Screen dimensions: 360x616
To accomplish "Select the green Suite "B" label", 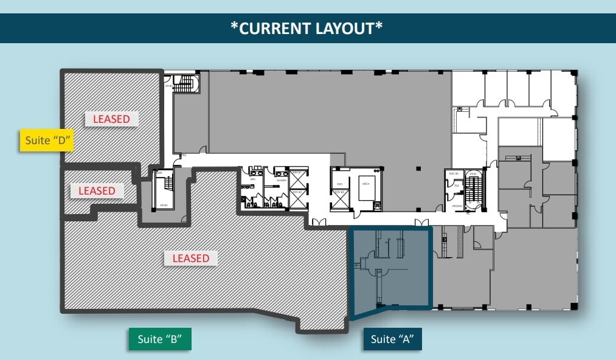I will pos(160,339).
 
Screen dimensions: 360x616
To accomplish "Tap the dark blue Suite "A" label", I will pos(392,339).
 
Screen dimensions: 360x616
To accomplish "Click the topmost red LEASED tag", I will pos(111,119).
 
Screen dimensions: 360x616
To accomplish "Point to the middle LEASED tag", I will pos(97,191).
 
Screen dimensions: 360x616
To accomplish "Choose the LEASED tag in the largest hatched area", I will pos(190,258).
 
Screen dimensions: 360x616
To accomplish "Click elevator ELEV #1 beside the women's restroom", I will pos(298,179).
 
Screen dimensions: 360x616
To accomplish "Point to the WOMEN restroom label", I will pos(281,181).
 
